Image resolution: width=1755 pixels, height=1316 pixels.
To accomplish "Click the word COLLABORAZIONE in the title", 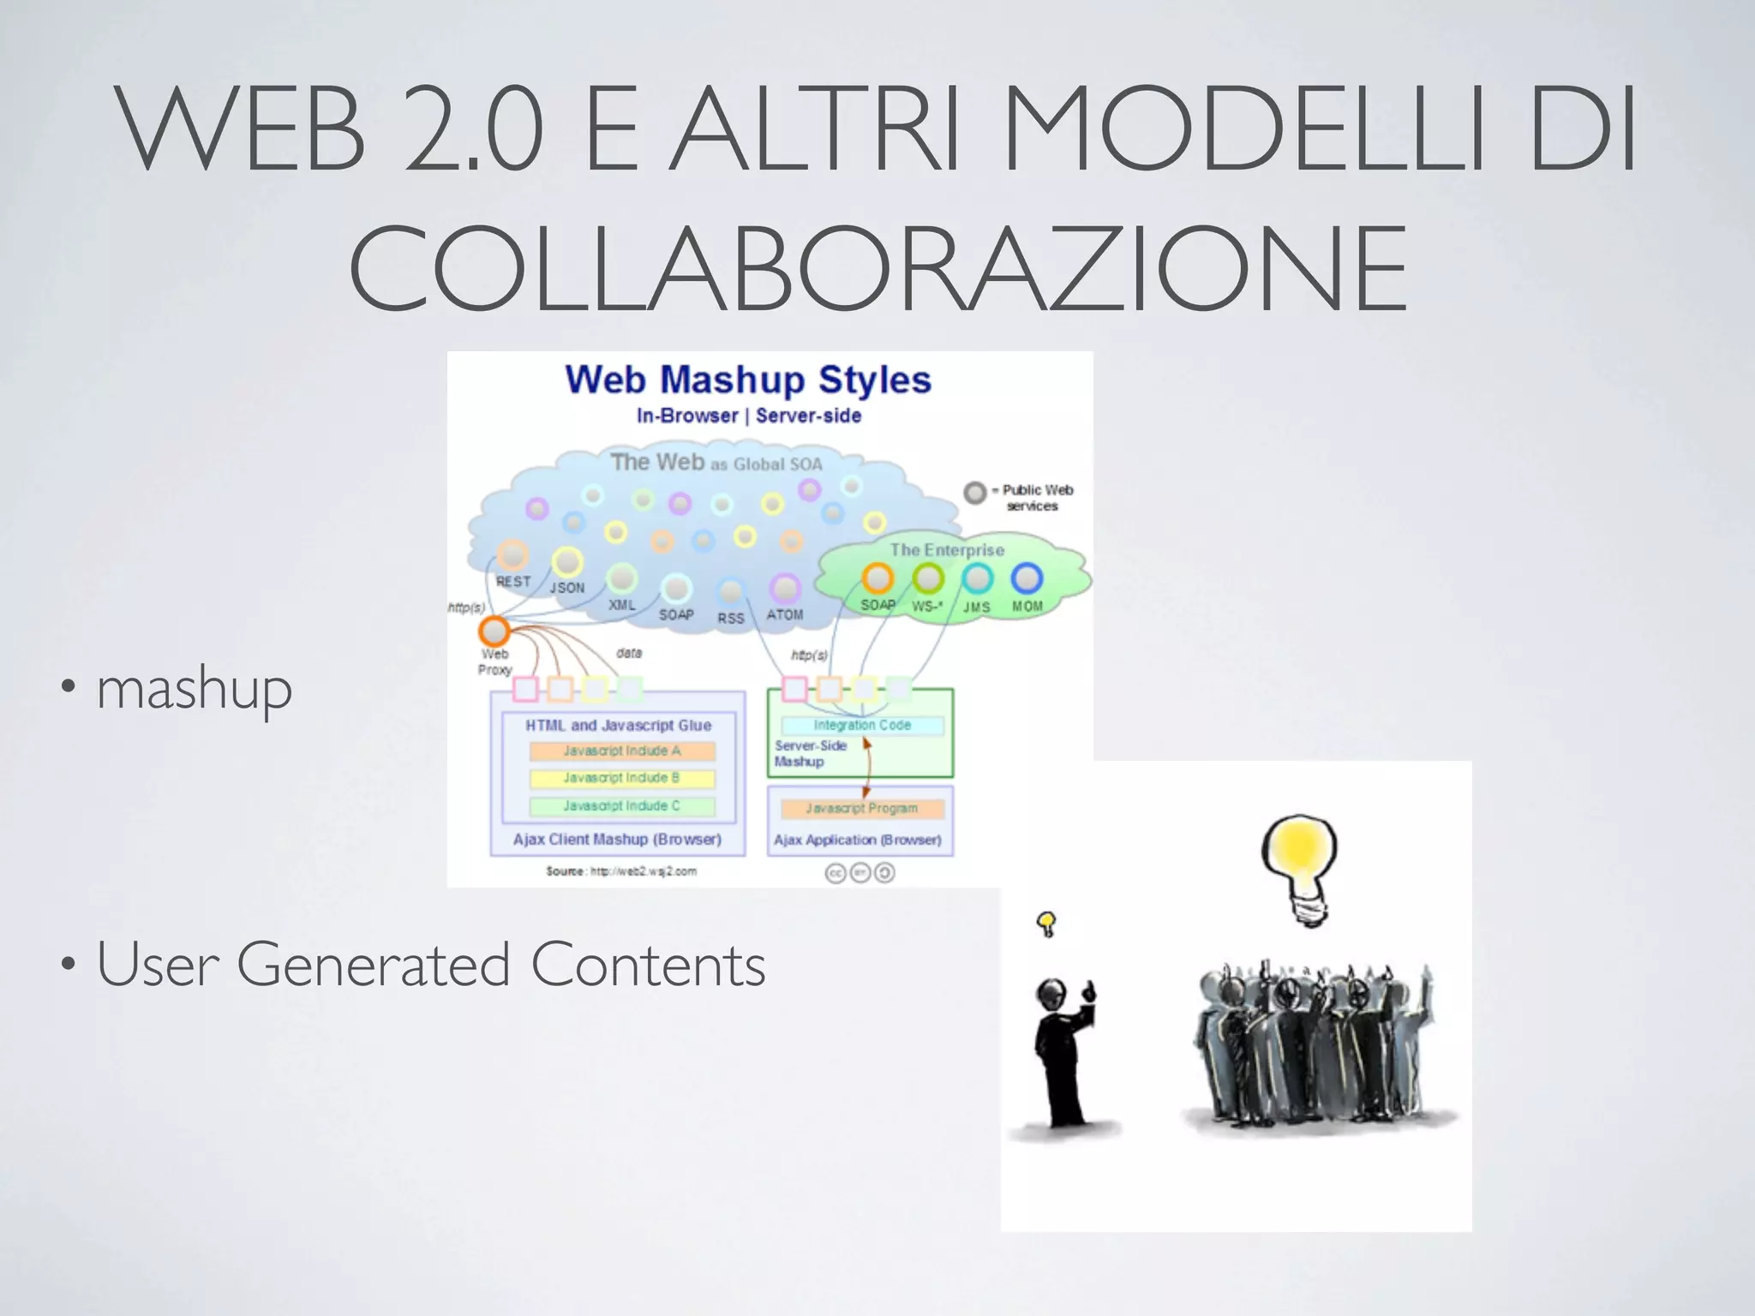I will click(x=877, y=268).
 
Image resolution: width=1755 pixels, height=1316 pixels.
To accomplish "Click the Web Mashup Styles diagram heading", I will click(x=747, y=380).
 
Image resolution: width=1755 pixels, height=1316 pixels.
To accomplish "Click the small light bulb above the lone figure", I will click(x=1046, y=924).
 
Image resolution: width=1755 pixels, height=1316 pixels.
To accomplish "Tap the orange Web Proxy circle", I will click(x=494, y=631).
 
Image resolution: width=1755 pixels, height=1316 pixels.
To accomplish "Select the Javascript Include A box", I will click(x=622, y=751).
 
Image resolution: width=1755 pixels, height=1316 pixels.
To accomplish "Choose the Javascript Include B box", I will click(x=622, y=779).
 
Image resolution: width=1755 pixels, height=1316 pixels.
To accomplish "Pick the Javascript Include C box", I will click(x=622, y=806).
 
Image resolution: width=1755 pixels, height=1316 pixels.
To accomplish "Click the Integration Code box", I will click(x=862, y=726).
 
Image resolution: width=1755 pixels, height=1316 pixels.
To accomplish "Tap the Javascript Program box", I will click(x=862, y=809).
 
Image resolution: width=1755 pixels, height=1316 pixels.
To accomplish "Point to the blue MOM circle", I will click(x=1027, y=579).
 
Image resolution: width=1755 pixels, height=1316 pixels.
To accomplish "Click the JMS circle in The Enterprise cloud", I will click(x=977, y=579).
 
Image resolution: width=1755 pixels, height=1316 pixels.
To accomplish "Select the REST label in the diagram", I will click(x=513, y=582).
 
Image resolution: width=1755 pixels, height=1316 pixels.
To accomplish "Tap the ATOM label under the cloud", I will click(x=785, y=615).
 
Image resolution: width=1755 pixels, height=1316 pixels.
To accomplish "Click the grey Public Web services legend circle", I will click(x=975, y=493).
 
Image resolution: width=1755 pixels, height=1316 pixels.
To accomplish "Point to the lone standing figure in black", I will click(x=1063, y=1054).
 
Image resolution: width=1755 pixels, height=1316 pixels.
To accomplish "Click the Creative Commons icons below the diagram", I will click(x=860, y=873).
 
